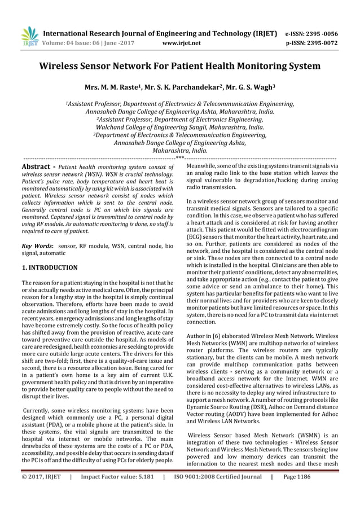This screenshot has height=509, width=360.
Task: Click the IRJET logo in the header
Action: point(28,36)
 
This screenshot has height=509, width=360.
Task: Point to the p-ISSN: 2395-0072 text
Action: point(320,42)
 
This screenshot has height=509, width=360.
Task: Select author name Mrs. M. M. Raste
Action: point(111,89)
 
